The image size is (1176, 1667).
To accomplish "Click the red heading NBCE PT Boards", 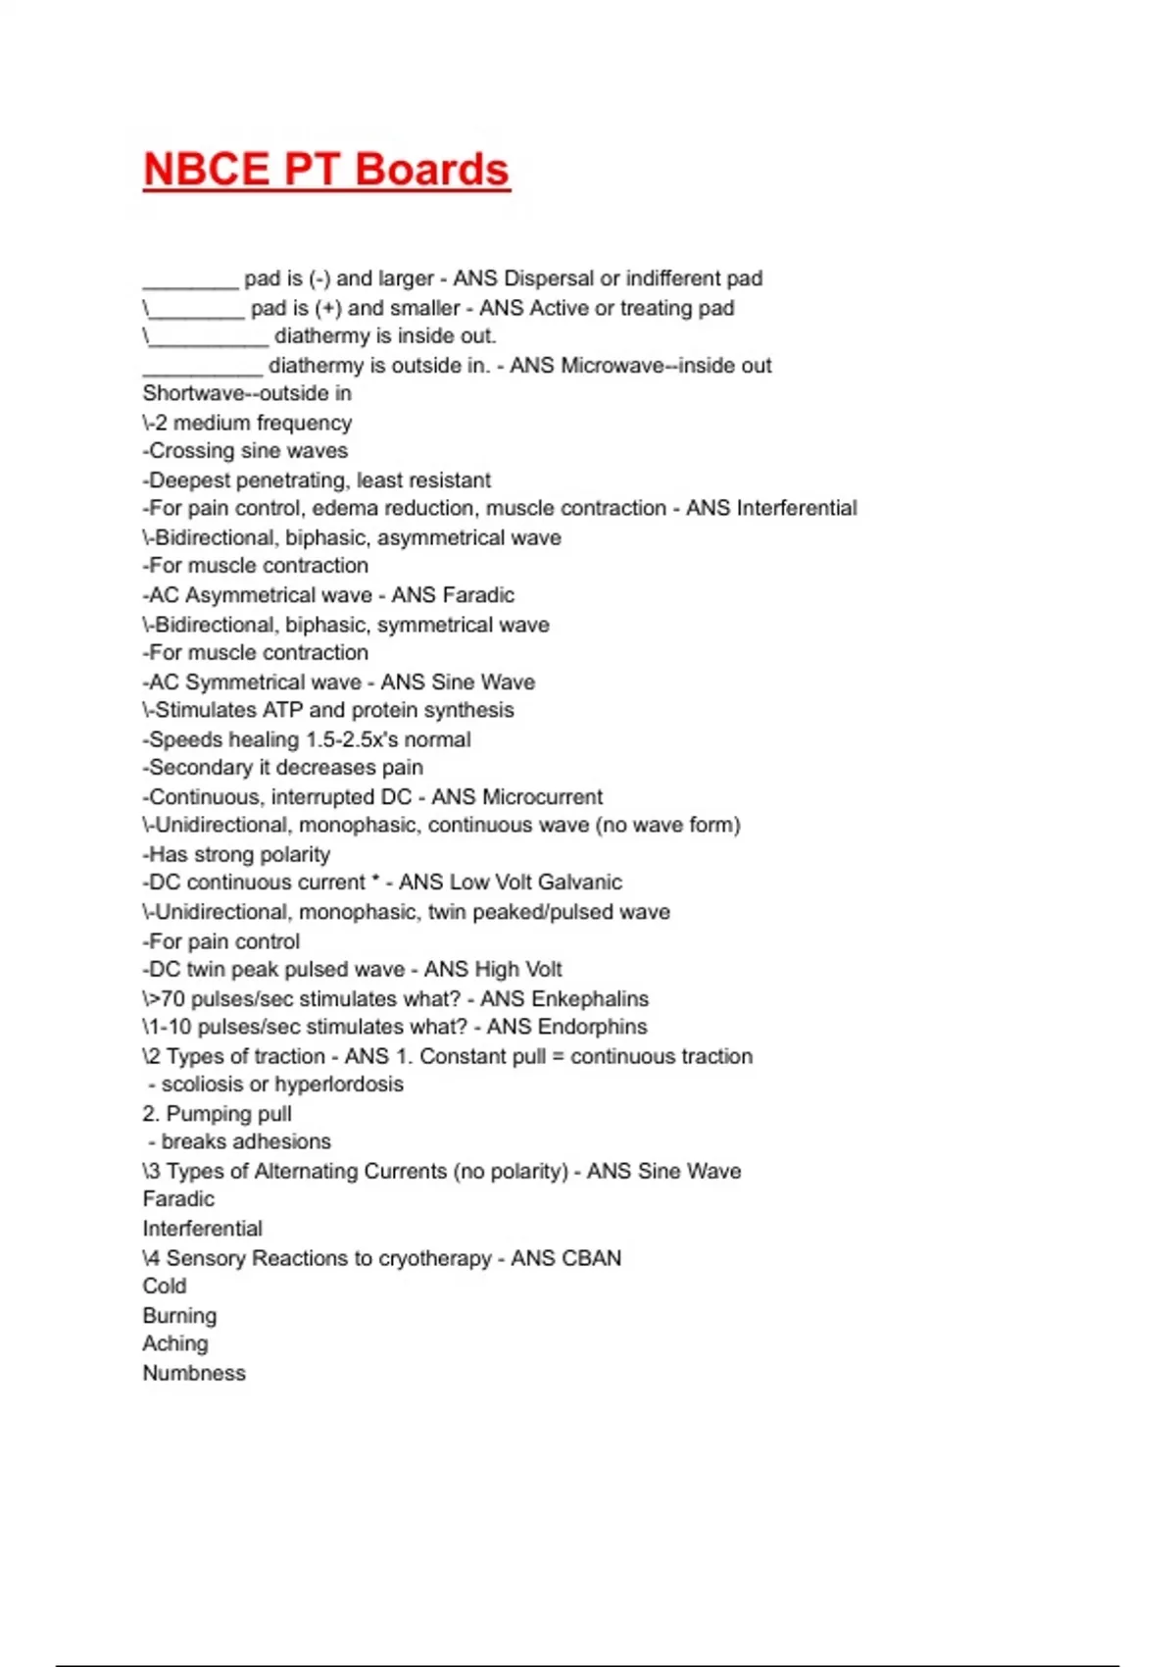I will tap(326, 170).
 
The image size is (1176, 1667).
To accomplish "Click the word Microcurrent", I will tap(542, 797).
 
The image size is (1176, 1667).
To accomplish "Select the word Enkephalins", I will tap(590, 999).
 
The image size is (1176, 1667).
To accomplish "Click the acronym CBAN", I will tap(591, 1258).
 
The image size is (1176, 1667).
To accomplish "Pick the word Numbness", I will tap(194, 1373).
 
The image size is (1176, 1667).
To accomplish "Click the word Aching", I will tap(175, 1344).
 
